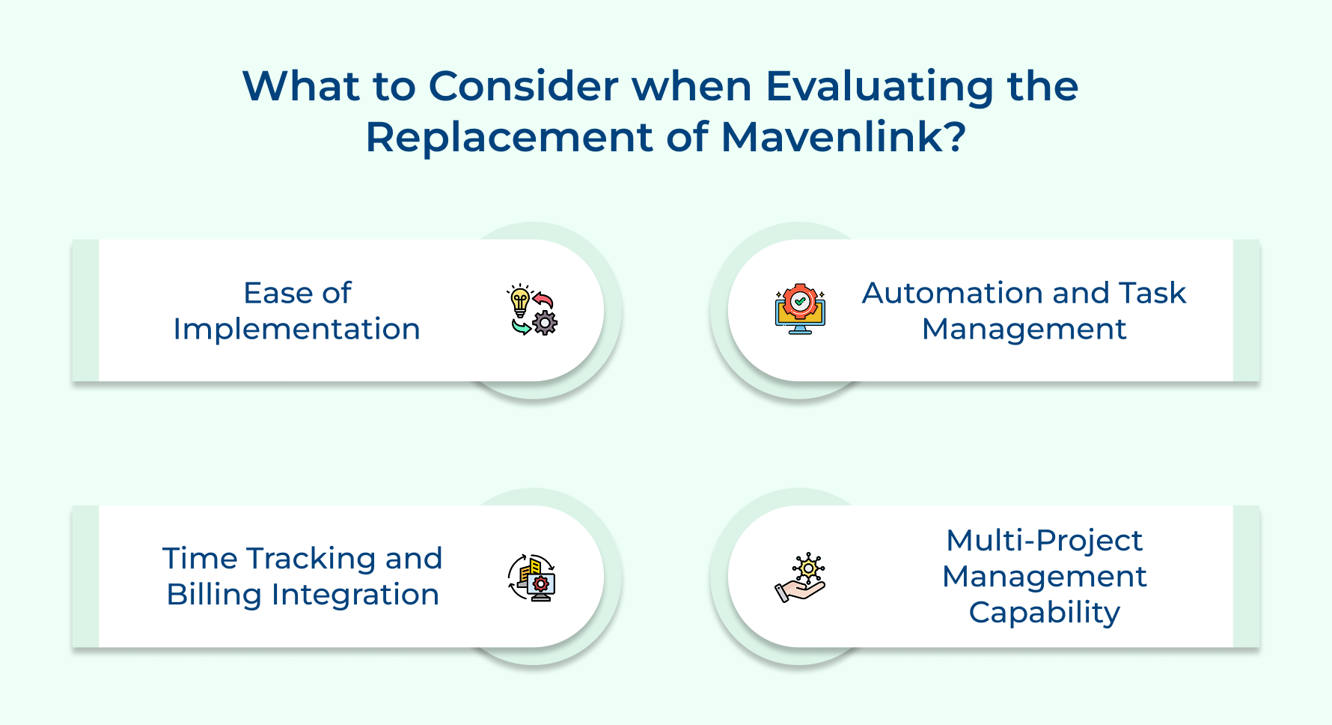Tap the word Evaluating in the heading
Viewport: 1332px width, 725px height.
[x=879, y=86]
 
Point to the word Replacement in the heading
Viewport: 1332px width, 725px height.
[x=509, y=138]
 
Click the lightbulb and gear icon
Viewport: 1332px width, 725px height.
[x=531, y=310]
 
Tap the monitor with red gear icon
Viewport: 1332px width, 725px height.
[x=800, y=310]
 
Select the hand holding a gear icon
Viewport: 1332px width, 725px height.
[x=800, y=577]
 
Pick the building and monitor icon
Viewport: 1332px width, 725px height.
[x=531, y=577]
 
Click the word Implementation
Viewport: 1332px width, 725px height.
[x=296, y=330]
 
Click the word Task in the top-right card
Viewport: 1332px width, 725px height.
[x=1152, y=293]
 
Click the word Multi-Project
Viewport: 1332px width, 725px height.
[x=1044, y=541]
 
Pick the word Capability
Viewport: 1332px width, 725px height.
[x=1044, y=613]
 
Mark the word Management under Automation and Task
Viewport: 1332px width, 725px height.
[x=1024, y=330]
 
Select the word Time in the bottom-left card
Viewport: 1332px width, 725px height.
[x=200, y=559]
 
